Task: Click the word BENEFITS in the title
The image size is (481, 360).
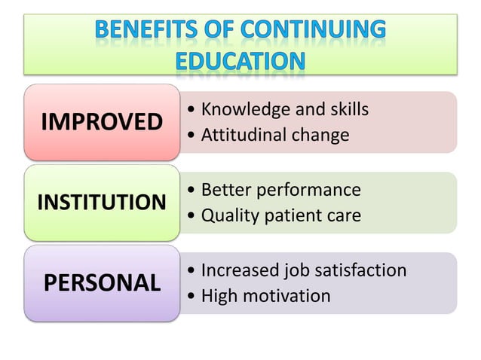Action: (x=141, y=31)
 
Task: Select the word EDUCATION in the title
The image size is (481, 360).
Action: (x=240, y=60)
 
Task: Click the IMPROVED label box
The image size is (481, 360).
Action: (x=101, y=121)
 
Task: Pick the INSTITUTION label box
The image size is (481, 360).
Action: (x=102, y=202)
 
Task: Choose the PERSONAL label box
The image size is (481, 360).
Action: (x=102, y=282)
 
